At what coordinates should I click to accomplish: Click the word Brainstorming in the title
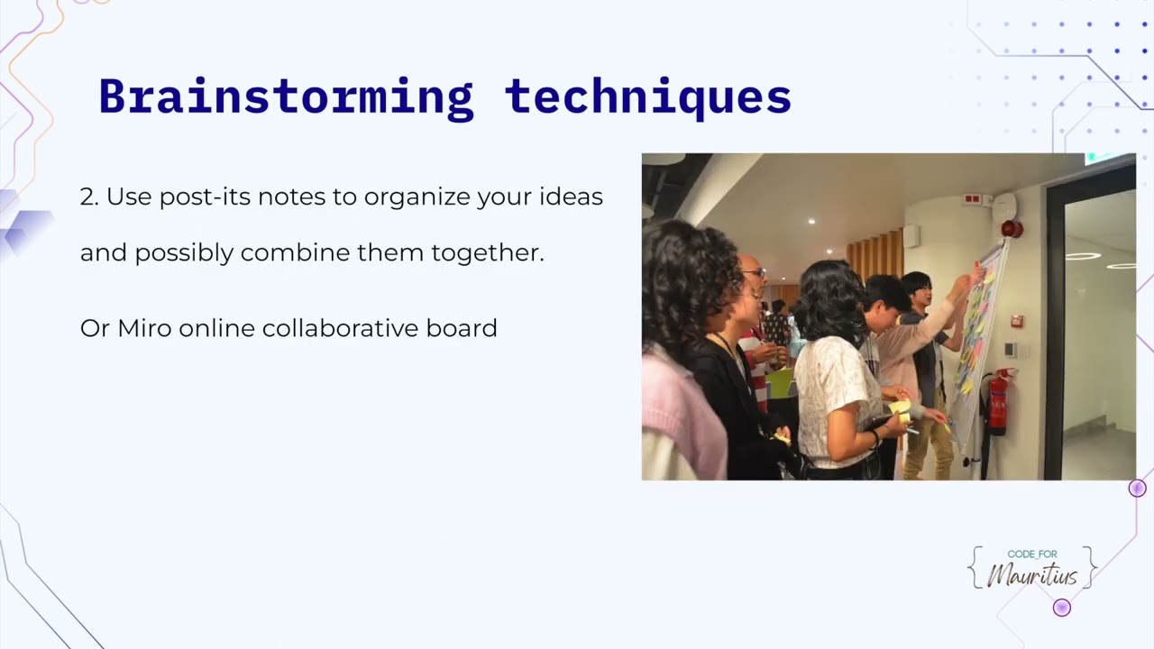(x=286, y=96)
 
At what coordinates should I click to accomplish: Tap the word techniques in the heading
(x=648, y=96)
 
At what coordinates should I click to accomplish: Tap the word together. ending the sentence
(x=488, y=253)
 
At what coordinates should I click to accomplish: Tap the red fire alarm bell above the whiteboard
(x=1012, y=229)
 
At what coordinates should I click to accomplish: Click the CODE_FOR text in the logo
(x=1032, y=554)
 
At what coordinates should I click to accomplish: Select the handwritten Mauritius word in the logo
(x=1032, y=575)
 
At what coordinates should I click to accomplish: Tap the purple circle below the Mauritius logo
(x=1062, y=608)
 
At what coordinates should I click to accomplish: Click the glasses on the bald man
(x=756, y=271)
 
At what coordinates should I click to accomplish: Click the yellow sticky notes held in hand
(x=899, y=410)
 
